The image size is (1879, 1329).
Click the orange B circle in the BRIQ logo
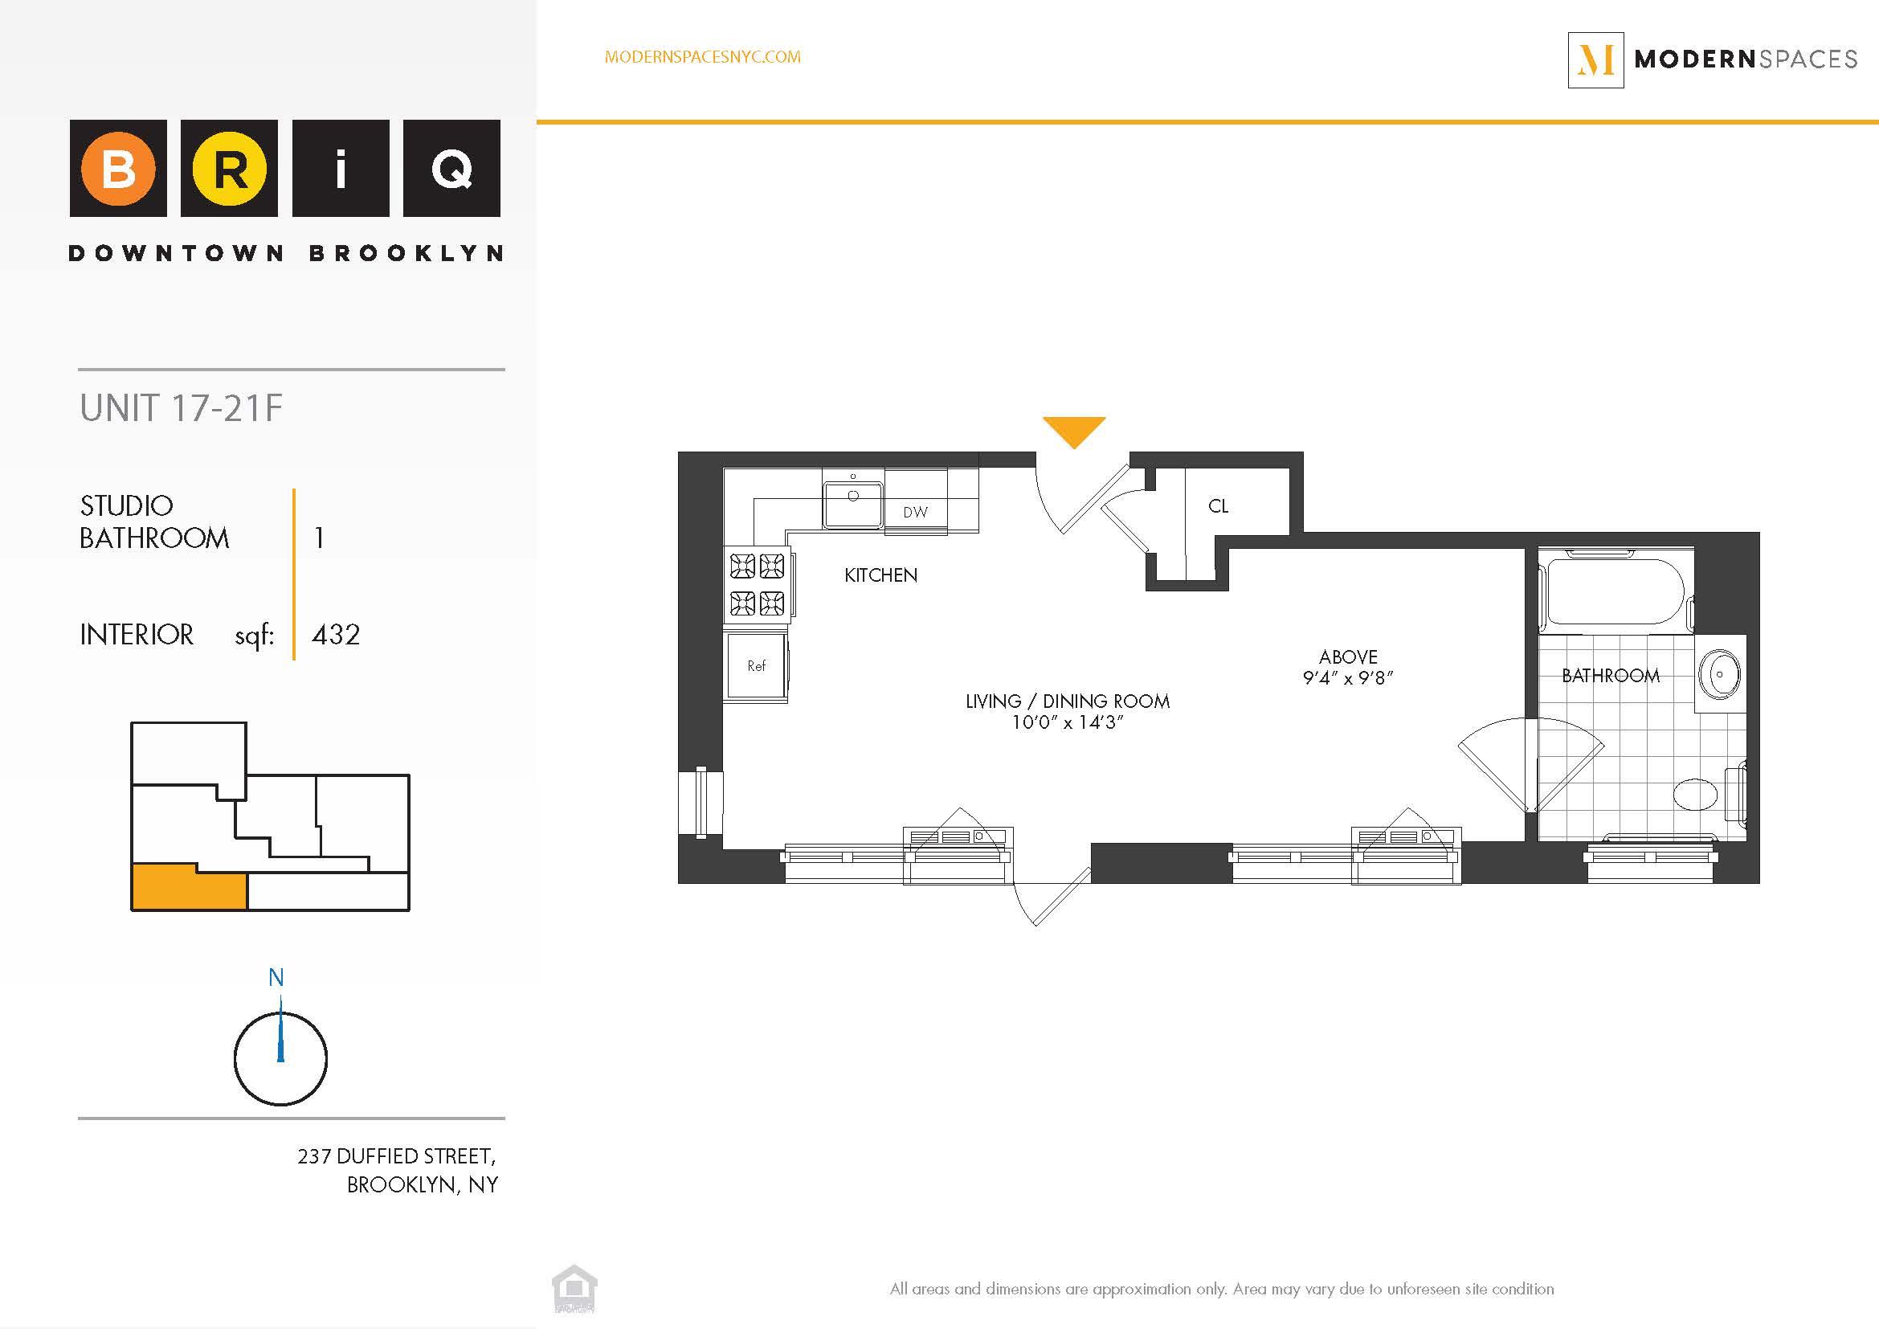tap(118, 169)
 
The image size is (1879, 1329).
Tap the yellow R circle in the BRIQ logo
tap(229, 169)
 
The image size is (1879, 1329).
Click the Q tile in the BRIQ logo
tap(451, 169)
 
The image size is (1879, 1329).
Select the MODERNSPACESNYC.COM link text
tap(702, 57)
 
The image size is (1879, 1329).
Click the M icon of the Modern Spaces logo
tap(1595, 59)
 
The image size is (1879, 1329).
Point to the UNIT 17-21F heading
tap(181, 408)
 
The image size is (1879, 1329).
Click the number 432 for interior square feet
tap(336, 635)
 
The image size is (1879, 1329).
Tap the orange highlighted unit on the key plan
tap(188, 889)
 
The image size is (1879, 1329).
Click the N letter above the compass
tap(276, 977)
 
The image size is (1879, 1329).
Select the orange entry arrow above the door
tap(1074, 430)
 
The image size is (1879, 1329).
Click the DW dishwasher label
tap(915, 513)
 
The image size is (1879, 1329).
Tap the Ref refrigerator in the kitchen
tap(756, 666)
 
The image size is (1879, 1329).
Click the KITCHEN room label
tap(880, 575)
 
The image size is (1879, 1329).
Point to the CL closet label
tap(1218, 506)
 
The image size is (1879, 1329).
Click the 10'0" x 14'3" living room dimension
tap(1067, 722)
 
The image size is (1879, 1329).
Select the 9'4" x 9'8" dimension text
tap(1348, 677)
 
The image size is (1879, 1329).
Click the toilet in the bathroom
tap(1696, 793)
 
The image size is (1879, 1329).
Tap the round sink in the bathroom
tap(1718, 674)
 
